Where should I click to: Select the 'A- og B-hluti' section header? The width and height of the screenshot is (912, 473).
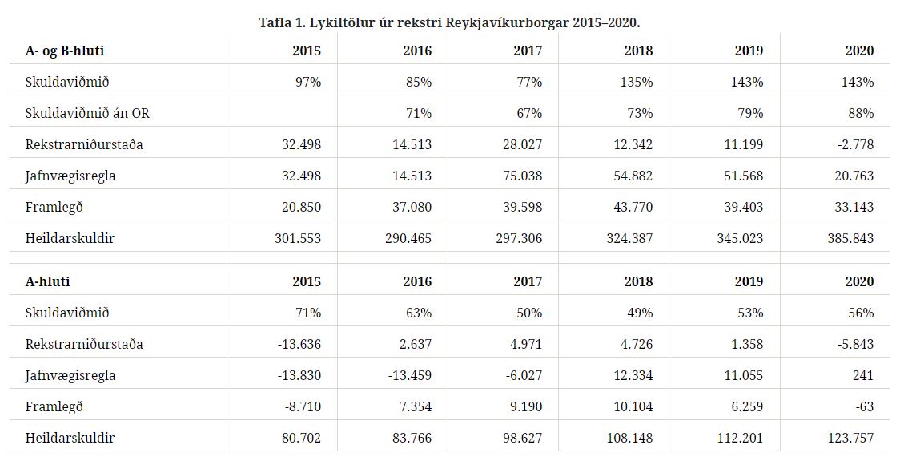[65, 51]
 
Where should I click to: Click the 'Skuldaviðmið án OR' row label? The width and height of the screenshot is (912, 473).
[87, 113]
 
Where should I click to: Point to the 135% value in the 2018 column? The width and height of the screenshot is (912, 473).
[637, 82]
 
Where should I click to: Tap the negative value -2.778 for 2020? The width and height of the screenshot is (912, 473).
[853, 144]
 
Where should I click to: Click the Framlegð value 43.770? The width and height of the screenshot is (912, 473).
[631, 207]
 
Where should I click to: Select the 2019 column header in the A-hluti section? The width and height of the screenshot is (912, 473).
[749, 281]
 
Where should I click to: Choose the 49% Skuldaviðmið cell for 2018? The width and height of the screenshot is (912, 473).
[639, 313]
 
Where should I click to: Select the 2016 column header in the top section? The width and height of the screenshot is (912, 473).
[417, 51]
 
